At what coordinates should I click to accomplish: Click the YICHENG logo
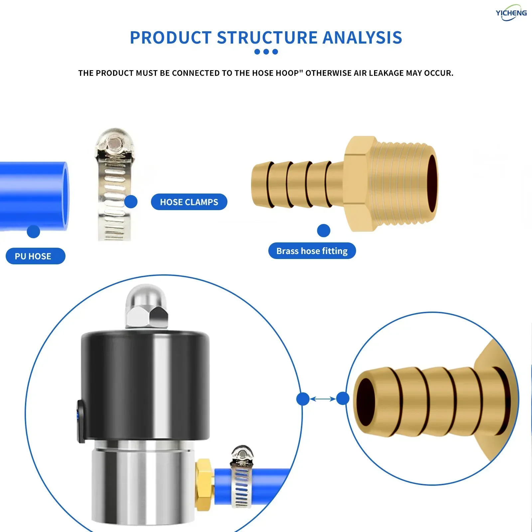(511, 13)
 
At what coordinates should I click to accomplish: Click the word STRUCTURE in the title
(268, 38)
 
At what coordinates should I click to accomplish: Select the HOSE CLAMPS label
(189, 202)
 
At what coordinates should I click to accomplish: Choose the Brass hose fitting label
(312, 251)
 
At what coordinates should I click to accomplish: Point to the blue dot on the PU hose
(33, 231)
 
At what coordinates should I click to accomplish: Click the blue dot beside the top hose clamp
(131, 201)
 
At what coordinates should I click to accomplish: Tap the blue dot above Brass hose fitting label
(324, 230)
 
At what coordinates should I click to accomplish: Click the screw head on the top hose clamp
(114, 144)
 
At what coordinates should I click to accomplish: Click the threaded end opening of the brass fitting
(432, 184)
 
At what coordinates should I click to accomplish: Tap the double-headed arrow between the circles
(323, 399)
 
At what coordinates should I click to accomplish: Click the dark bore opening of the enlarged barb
(366, 402)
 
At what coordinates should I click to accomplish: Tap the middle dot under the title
(266, 52)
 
